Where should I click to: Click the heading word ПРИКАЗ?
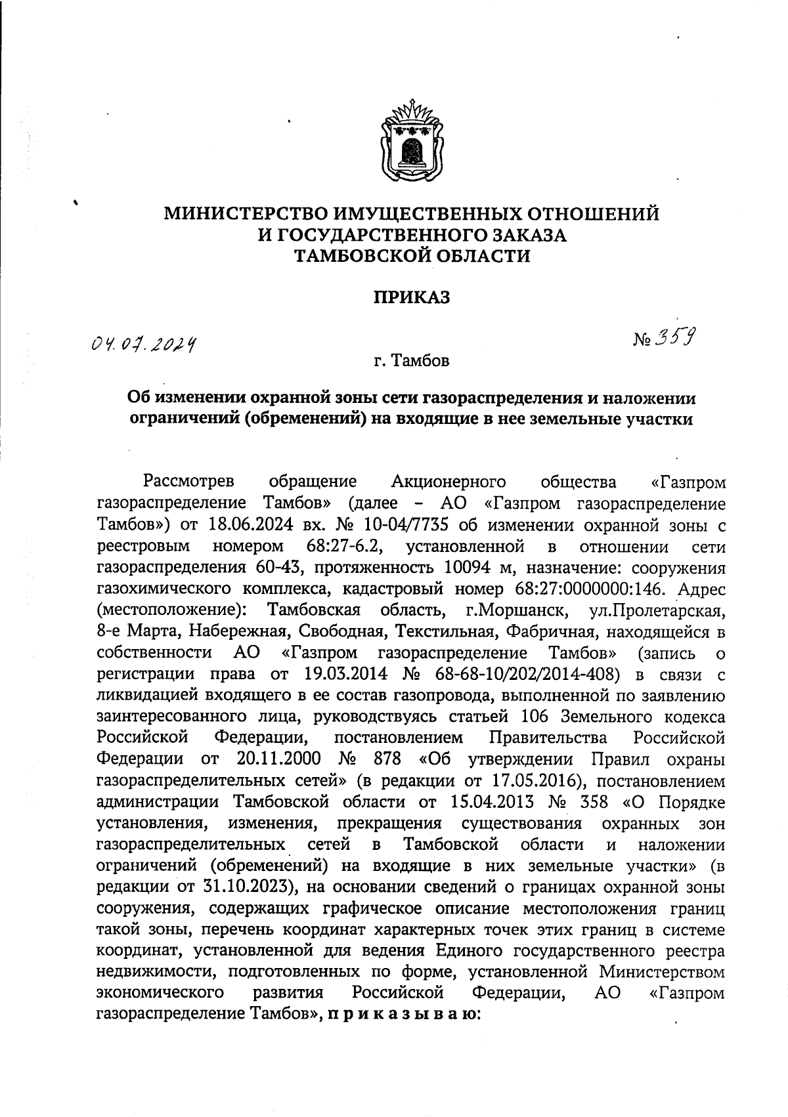pos(412,298)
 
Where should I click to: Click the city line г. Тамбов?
pos(411,361)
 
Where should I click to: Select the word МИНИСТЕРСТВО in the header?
pos(246,214)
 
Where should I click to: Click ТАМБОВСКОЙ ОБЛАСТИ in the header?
pos(411,256)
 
